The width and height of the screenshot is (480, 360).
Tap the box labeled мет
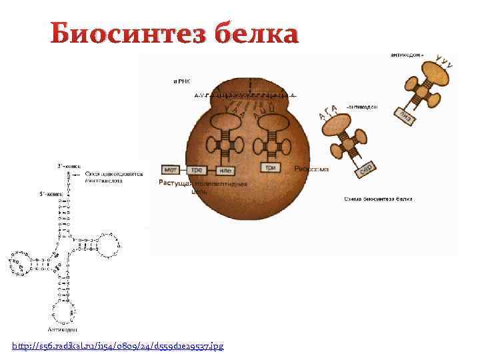click(x=171, y=169)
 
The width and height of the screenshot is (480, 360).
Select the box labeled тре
click(x=197, y=169)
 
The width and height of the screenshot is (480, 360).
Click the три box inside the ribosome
click(x=271, y=167)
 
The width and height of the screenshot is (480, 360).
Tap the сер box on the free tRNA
click(x=365, y=169)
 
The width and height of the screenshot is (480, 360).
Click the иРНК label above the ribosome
click(x=182, y=81)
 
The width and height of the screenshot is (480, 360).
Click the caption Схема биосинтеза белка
click(x=378, y=199)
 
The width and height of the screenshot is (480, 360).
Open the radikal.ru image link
click(x=118, y=345)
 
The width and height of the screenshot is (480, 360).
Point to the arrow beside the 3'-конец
click(x=77, y=175)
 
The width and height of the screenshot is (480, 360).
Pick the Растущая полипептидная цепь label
click(x=203, y=186)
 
